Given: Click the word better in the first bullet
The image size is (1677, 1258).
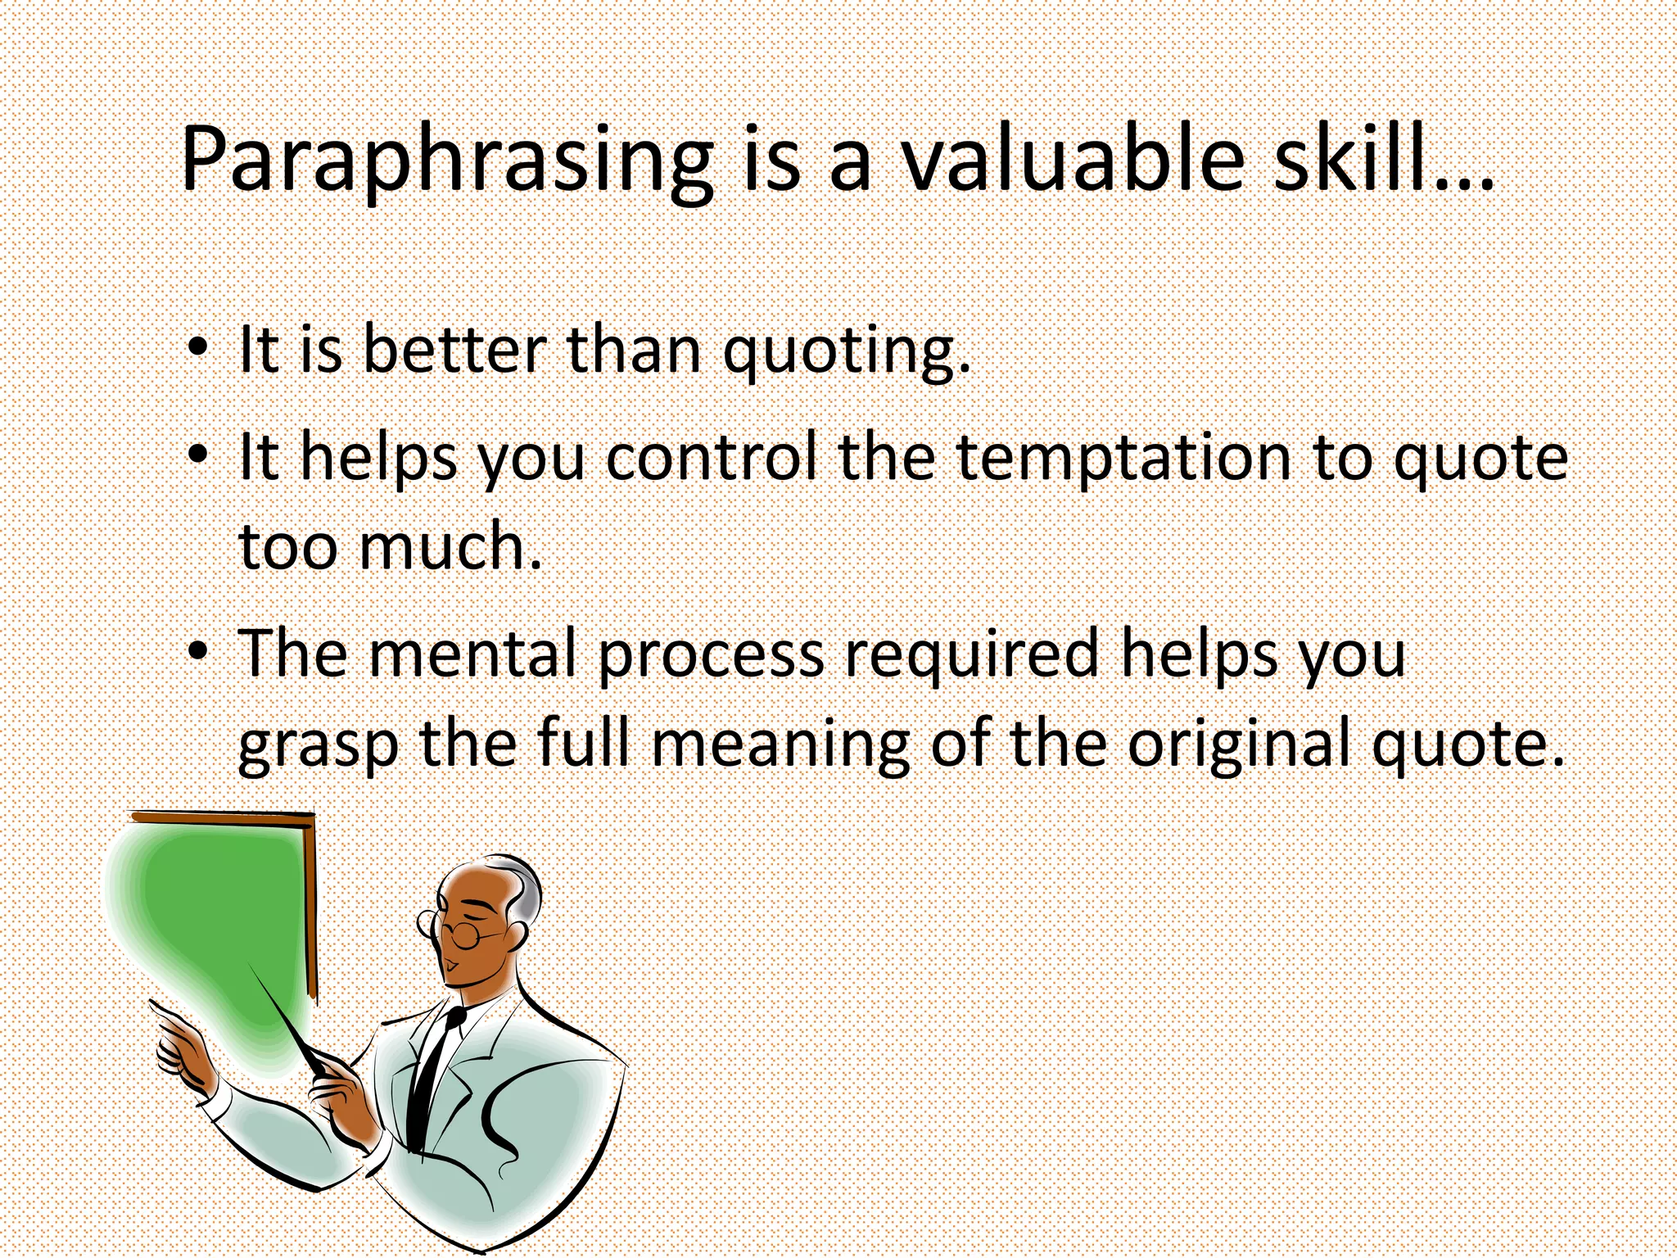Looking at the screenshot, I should pos(454,351).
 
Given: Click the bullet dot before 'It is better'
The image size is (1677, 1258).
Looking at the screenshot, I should pos(197,350).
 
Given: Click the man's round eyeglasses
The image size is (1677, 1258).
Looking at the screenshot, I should pos(463,934).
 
